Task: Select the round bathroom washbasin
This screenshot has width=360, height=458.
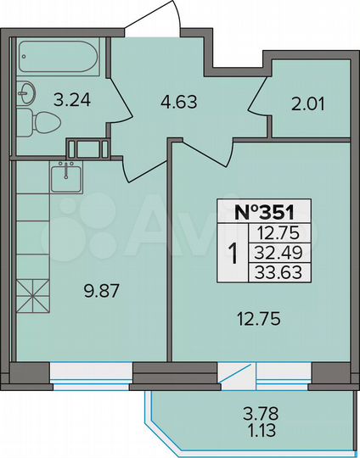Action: (x=27, y=91)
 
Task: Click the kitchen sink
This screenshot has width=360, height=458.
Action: (x=65, y=177)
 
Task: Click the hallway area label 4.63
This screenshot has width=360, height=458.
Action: (x=178, y=104)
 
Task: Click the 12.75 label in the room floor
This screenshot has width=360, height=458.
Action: (x=253, y=320)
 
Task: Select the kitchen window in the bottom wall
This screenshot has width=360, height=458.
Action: (x=91, y=371)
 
